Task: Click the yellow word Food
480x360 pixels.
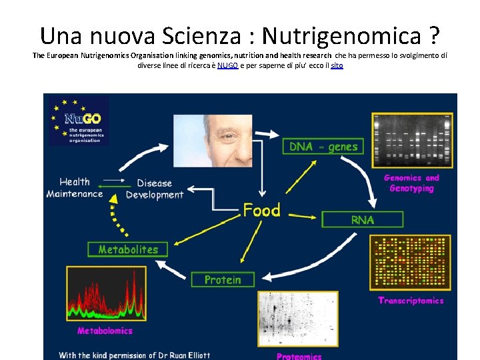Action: [x=261, y=211]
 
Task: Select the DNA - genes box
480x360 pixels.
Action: [x=323, y=147]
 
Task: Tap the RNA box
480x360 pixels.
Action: [x=363, y=219]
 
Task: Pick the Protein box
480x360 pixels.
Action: [x=223, y=280]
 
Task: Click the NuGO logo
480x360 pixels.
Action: [x=78, y=121]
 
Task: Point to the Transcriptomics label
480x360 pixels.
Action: [x=411, y=301]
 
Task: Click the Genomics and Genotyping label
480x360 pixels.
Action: [x=412, y=183]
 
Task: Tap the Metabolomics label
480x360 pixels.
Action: [x=105, y=331]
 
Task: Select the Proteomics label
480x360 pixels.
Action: [x=299, y=356]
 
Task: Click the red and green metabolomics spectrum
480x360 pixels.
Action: [x=107, y=294]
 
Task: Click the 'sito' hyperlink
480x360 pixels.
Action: [x=337, y=66]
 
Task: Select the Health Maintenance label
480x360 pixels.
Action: [x=75, y=188]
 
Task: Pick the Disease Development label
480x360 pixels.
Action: [x=155, y=189]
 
